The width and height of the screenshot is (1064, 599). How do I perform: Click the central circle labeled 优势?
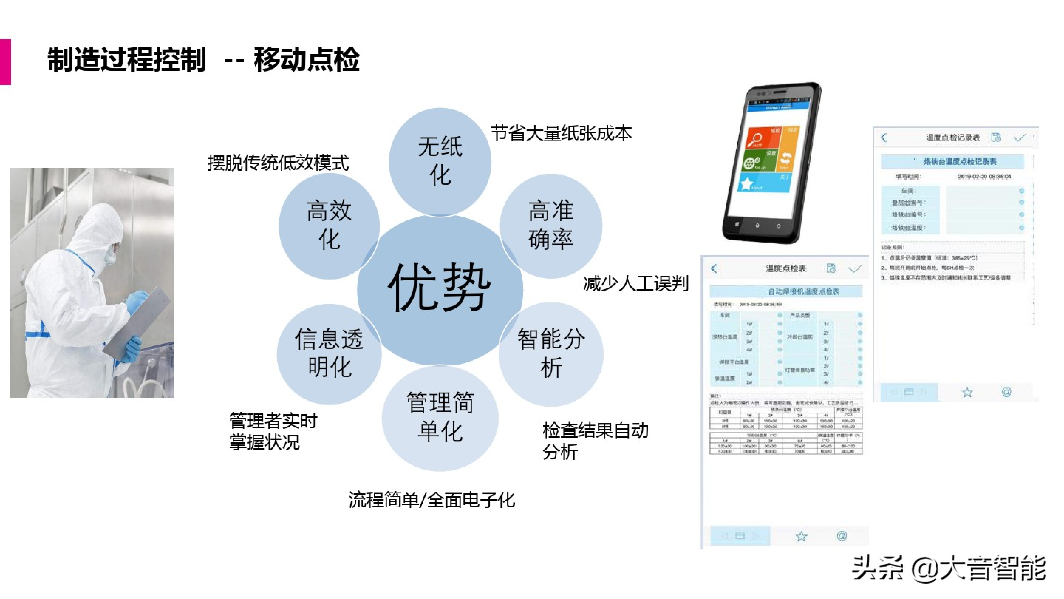[x=439, y=289]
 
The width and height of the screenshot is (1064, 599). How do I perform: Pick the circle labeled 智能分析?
[x=551, y=353]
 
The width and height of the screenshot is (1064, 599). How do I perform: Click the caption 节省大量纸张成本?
[x=561, y=133]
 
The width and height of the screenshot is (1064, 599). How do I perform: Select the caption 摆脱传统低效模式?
[x=278, y=163]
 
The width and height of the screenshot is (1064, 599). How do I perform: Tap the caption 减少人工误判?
[x=635, y=284]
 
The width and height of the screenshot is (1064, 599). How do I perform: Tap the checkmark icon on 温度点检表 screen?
[x=855, y=269]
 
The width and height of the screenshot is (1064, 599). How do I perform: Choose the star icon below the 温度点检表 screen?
[x=801, y=536]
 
